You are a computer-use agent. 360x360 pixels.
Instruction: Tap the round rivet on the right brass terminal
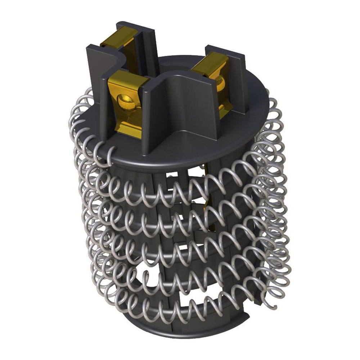pyautogui.click(x=220, y=84)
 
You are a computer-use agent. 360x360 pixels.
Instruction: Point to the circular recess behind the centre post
pyautogui.click(x=169, y=65)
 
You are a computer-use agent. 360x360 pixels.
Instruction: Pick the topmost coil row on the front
pyautogui.click(x=173, y=187)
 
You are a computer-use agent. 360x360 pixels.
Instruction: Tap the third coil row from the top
pyautogui.click(x=173, y=245)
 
